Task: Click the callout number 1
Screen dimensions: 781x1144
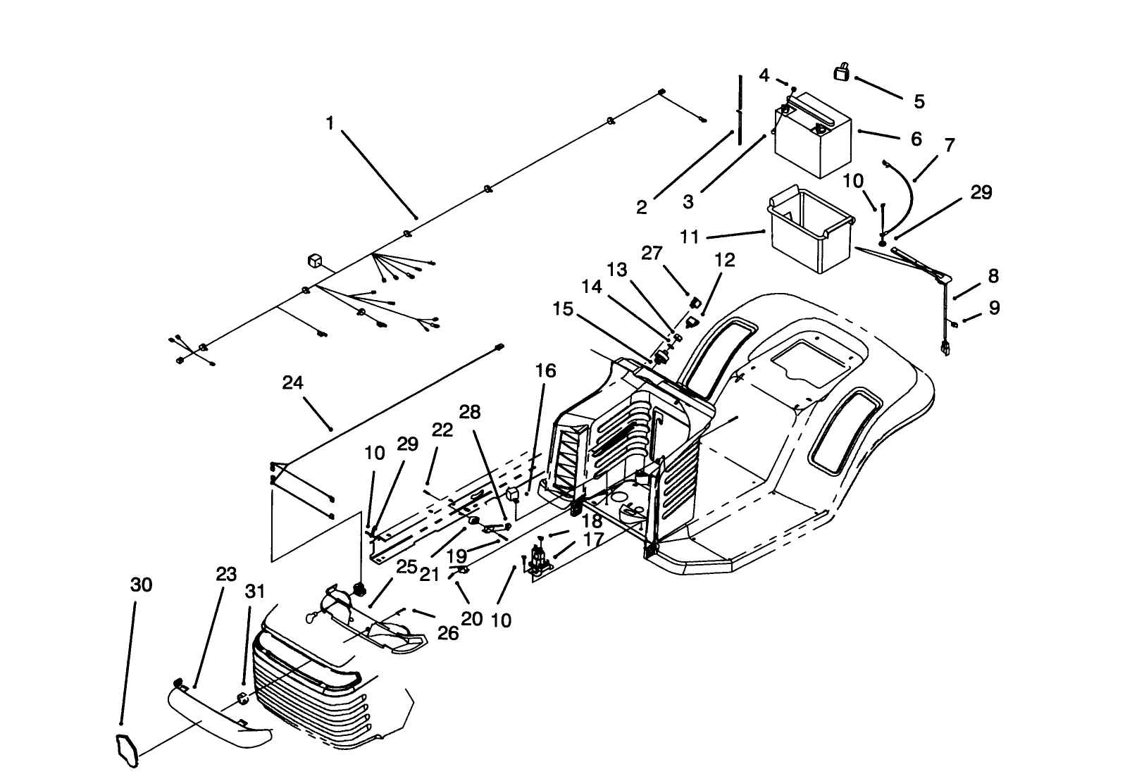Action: coord(329,123)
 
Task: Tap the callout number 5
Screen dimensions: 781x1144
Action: coord(919,101)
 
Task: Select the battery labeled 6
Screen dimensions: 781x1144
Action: coord(814,141)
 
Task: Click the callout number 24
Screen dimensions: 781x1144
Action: coord(292,382)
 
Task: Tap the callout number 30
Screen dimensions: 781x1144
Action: coord(141,585)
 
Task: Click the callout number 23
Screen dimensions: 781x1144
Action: coord(226,574)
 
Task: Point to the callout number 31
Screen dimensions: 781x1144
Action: coord(254,592)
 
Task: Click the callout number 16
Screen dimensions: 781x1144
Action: coord(545,370)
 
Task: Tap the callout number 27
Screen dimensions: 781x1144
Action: coord(652,252)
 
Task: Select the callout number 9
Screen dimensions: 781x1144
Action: coord(994,308)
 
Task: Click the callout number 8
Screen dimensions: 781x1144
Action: coord(993,276)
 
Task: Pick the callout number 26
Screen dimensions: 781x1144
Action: coord(448,633)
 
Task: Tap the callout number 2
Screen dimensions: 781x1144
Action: coord(641,207)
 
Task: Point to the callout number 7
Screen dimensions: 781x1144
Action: coord(950,146)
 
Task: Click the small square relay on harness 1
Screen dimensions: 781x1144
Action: coord(314,261)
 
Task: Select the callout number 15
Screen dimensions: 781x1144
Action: coord(563,309)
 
